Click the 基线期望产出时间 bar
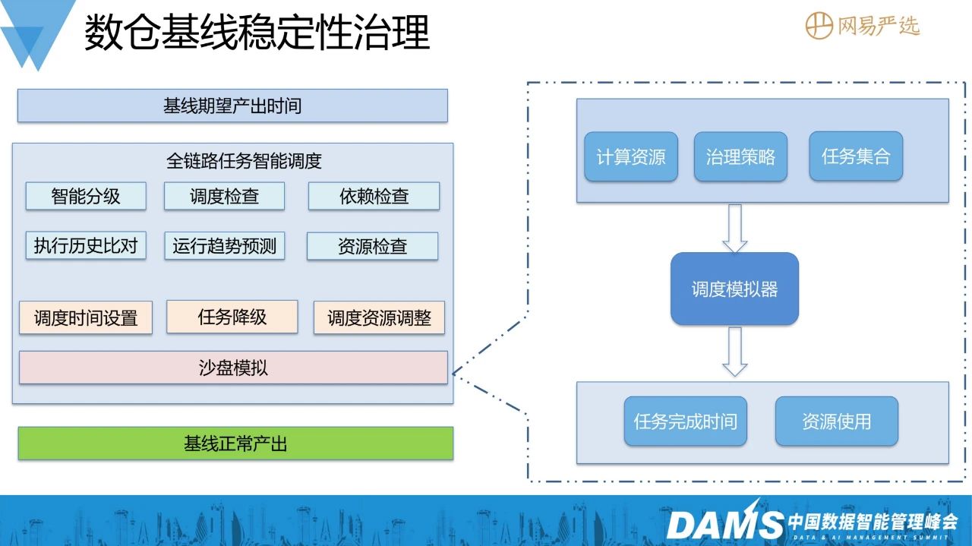tap(232, 106)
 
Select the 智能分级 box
tap(86, 196)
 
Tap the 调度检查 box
tap(224, 196)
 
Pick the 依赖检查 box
tap(374, 196)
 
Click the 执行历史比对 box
tap(86, 245)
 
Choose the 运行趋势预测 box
tap(224, 245)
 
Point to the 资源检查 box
tap(373, 246)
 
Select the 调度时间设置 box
tap(86, 317)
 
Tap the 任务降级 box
tap(232, 317)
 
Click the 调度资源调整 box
tap(379, 317)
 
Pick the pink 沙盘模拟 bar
tap(233, 368)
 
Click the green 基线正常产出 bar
tap(235, 443)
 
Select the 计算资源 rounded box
tap(631, 156)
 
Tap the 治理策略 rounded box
tap(740, 156)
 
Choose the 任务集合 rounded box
tap(856, 156)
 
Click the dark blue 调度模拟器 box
tap(734, 289)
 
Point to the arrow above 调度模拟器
tap(734, 229)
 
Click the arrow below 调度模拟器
tap(734, 352)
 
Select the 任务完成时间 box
tap(686, 421)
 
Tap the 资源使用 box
tap(837, 421)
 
